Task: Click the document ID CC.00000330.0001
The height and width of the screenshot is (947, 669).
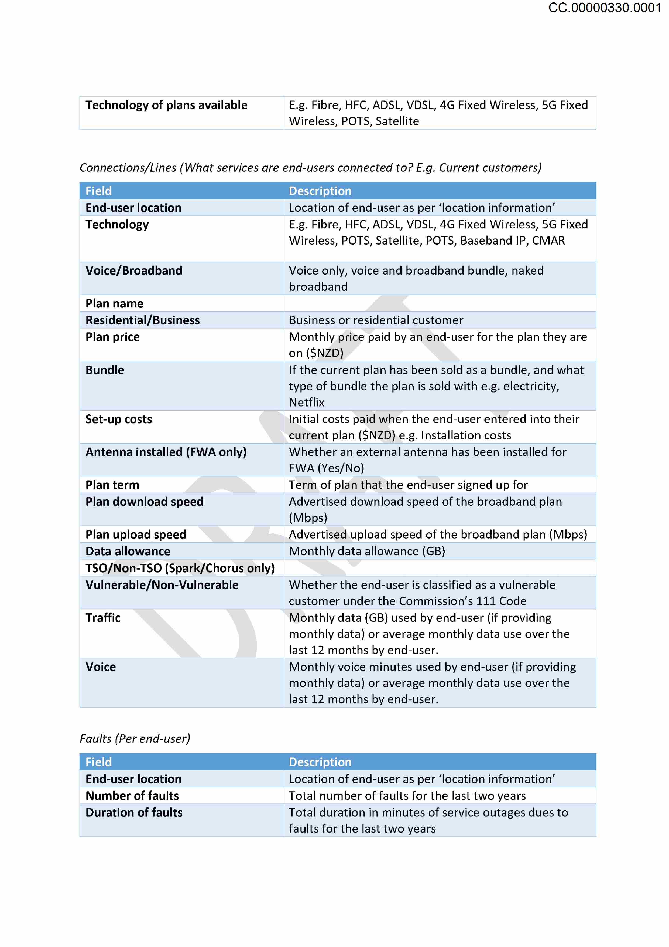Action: point(604,8)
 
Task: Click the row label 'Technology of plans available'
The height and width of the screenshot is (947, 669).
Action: point(166,105)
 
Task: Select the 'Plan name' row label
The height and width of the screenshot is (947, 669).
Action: point(115,304)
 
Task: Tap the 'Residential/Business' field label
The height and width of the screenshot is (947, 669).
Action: point(143,320)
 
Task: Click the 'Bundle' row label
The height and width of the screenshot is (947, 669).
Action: point(105,370)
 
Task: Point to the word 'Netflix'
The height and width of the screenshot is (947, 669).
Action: point(307,402)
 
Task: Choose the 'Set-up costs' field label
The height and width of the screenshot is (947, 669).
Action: point(119,419)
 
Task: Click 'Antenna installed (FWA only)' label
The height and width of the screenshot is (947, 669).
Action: point(166,452)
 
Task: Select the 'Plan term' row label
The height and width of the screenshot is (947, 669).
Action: point(112,485)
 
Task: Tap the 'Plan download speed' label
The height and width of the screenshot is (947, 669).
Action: point(145,502)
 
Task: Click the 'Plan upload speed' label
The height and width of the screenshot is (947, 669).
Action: point(136,535)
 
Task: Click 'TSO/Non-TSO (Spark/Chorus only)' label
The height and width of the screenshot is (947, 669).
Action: point(180,568)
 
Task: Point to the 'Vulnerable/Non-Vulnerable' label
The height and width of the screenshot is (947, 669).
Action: point(162,585)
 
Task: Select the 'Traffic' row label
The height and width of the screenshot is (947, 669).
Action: point(103,618)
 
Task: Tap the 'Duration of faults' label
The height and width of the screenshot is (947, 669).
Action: point(134,813)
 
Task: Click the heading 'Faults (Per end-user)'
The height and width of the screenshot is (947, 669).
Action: point(135,739)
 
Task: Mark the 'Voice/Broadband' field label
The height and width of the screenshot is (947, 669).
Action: point(134,270)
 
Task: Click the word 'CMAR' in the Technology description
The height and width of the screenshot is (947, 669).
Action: point(548,241)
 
